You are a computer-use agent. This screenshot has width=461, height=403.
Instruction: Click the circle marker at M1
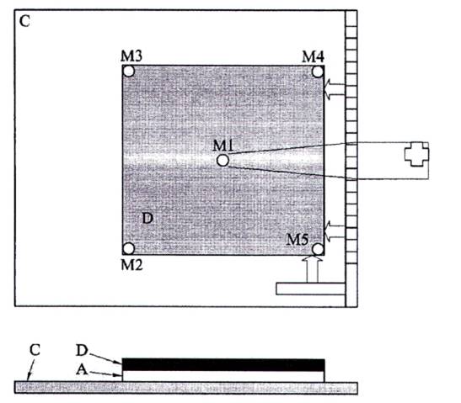coord(222,160)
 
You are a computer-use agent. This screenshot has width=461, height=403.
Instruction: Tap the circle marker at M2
coord(128,248)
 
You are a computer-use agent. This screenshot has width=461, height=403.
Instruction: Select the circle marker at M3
coord(128,71)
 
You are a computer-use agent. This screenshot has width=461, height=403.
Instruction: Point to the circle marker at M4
coord(318,72)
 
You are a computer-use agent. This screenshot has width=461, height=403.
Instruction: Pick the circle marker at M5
coord(318,249)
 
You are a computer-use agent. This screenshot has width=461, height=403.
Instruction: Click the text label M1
coord(222,145)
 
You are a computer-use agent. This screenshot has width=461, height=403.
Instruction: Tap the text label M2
coord(132,265)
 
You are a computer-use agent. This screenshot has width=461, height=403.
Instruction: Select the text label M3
coord(131,56)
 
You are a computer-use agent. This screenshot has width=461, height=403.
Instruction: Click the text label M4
coord(314,56)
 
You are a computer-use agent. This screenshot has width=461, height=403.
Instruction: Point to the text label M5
coord(298,240)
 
